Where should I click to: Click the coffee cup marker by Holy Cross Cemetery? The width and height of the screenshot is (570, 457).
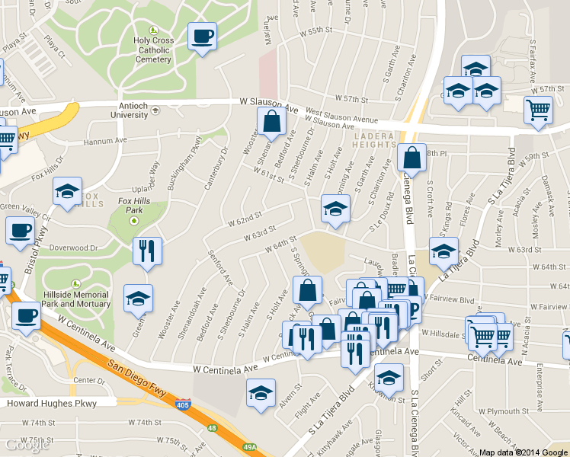202,37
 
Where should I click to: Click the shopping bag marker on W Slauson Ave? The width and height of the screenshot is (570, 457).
271,122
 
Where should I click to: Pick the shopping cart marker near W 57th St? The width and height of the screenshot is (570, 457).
538,110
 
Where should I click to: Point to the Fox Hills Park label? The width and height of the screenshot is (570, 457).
134,205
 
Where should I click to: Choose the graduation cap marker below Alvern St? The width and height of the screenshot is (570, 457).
261,394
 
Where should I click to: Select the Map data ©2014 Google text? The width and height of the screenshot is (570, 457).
522,452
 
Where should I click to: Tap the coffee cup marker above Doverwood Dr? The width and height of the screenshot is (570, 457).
21,231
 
